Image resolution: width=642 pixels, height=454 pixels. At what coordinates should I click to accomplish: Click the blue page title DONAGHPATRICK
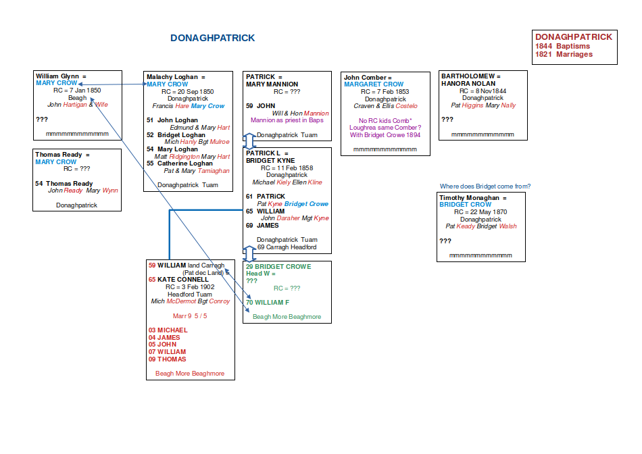pos(212,39)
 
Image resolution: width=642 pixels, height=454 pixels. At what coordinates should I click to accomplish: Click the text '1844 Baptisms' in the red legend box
pos(563,46)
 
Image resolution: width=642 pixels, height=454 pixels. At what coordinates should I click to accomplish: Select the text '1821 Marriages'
pos(564,54)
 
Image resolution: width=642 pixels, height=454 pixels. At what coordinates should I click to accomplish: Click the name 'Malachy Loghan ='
pos(176,77)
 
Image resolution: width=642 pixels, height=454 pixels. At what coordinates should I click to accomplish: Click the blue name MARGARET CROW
pos(374,84)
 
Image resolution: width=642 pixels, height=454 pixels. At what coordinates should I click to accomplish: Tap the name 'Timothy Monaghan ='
pos(473,198)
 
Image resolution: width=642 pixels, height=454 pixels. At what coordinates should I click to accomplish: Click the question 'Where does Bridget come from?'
pos(485,186)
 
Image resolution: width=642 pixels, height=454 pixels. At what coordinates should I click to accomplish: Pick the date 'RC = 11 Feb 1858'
pos(287,168)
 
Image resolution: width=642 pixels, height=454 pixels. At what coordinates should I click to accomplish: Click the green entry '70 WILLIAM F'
pos(268,302)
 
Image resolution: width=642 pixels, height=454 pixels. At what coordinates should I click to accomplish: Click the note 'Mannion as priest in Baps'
pos(287,120)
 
